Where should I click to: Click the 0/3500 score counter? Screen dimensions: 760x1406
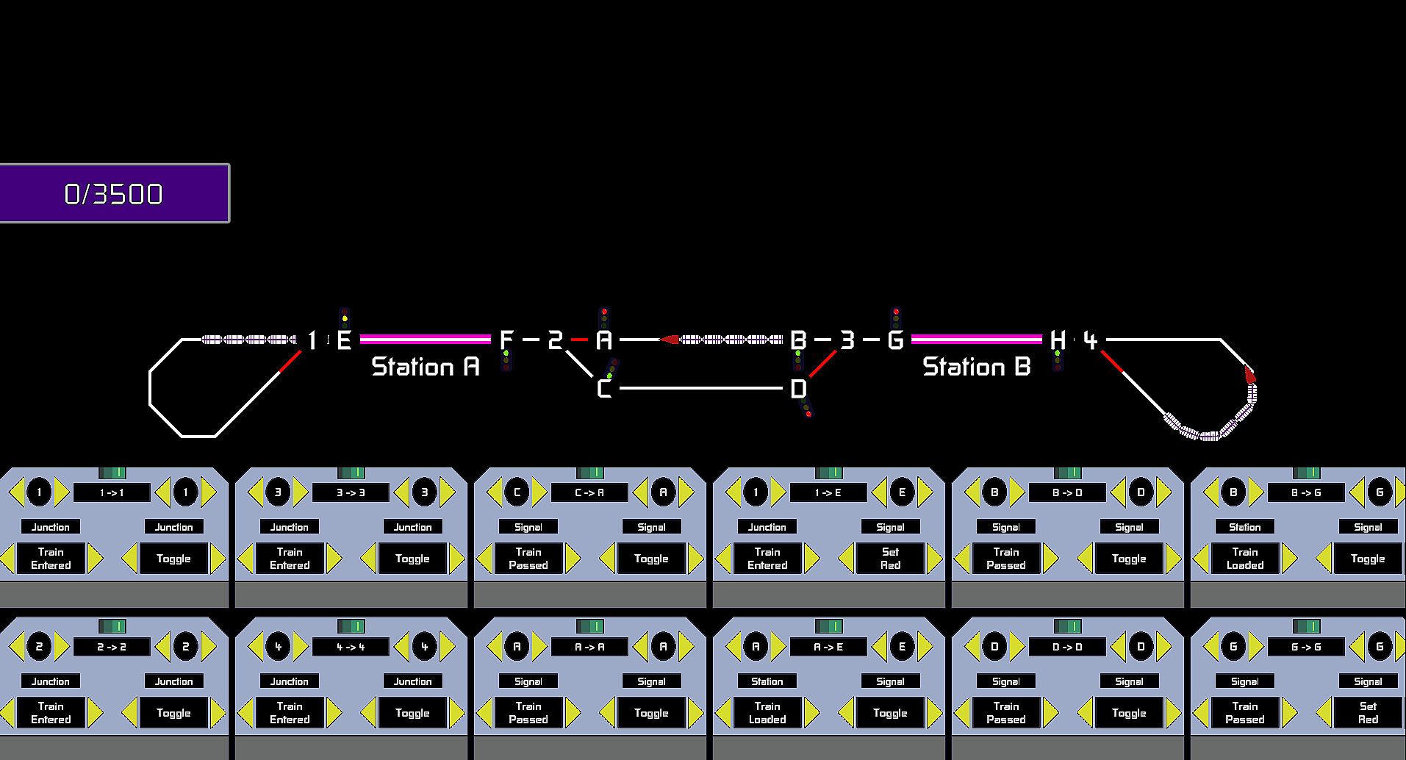point(114,193)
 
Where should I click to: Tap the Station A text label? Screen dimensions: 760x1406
point(426,366)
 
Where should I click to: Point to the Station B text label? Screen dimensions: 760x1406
point(976,366)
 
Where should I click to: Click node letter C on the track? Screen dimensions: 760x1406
point(603,388)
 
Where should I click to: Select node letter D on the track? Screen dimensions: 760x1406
point(798,388)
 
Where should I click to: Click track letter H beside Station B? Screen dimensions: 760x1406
point(1057,340)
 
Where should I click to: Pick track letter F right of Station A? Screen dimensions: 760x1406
point(506,340)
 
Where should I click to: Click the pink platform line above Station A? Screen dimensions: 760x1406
point(425,339)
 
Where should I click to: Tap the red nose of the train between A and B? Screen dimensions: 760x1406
point(668,340)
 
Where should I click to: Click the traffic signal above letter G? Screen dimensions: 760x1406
point(895,319)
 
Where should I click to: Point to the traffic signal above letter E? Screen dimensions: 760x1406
point(344,318)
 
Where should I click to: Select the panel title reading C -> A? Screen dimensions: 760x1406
point(589,492)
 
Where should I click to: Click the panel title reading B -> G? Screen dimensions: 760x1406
point(1306,492)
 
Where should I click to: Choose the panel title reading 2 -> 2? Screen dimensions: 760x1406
point(112,647)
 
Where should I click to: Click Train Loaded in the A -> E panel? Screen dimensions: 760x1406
point(767,712)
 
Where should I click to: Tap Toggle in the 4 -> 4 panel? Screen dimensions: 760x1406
point(412,712)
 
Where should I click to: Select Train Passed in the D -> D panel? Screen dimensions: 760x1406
point(1006,712)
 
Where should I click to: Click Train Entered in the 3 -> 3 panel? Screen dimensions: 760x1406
point(290,558)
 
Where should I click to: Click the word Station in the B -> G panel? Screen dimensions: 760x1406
point(1244,527)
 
